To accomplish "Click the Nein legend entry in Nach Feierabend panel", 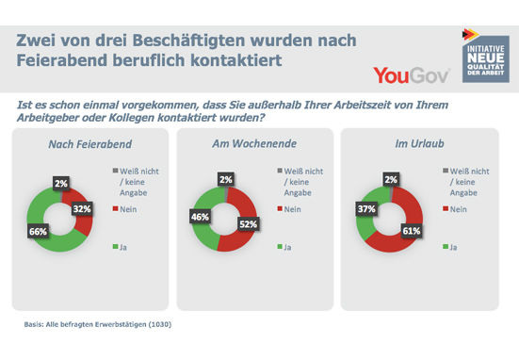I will [x=132, y=210].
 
